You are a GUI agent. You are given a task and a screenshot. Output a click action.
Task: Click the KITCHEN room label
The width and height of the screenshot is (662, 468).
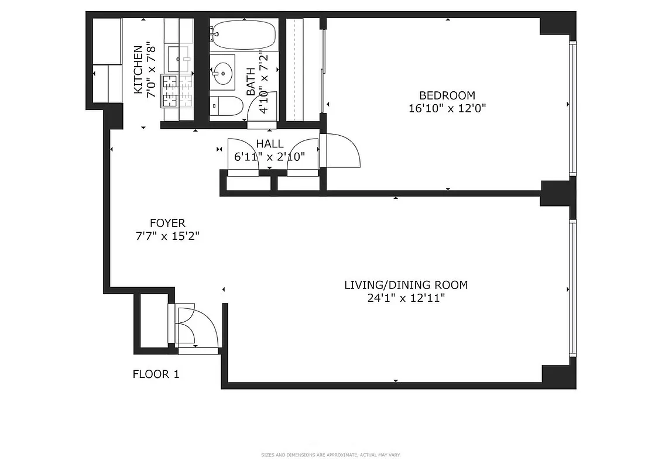tap(138, 70)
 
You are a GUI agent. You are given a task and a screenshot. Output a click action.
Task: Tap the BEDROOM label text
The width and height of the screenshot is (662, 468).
tap(447, 95)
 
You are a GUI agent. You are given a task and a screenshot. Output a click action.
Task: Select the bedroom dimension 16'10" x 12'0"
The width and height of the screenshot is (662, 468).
tap(447, 108)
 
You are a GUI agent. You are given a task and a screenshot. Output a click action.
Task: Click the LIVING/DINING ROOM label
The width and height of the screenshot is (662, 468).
tap(406, 285)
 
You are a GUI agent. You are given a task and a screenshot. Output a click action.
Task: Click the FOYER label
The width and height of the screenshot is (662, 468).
tap(167, 223)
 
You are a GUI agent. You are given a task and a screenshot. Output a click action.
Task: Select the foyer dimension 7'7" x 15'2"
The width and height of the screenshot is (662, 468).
tap(167, 236)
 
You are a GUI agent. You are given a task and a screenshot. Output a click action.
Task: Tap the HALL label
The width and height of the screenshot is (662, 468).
tap(270, 144)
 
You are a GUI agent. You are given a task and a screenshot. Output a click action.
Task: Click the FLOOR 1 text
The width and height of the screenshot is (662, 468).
tap(156, 374)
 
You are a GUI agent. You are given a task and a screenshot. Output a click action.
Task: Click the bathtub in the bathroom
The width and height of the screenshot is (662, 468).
tap(243, 35)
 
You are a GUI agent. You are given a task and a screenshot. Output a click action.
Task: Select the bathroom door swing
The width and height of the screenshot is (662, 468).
tap(260, 112)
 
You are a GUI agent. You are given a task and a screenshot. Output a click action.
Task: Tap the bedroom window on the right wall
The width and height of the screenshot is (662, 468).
tap(572, 108)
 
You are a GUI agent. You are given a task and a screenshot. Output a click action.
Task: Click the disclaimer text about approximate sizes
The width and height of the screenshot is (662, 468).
tap(331, 455)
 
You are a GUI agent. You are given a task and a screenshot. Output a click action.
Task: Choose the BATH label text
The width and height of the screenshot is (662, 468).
tap(251, 81)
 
